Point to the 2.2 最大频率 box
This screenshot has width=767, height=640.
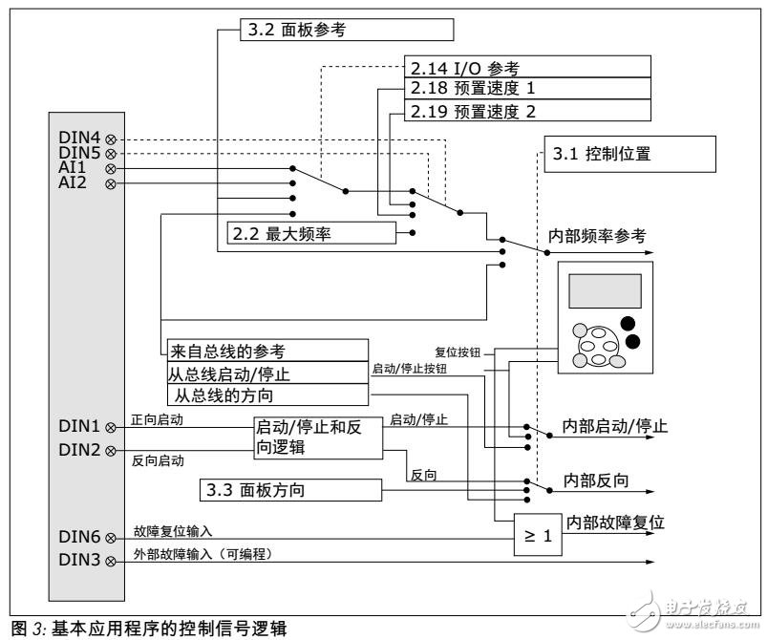click(310, 232)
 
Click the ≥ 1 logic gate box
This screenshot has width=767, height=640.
click(536, 535)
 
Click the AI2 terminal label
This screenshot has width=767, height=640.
click(75, 181)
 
